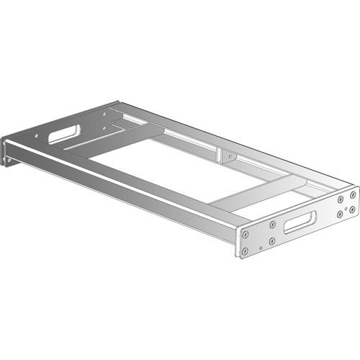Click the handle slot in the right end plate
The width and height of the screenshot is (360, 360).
(x=300, y=222)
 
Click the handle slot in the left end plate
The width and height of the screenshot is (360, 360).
(x=64, y=134)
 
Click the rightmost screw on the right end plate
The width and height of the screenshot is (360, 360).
(x=353, y=195)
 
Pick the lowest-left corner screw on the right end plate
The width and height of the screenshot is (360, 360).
(x=245, y=251)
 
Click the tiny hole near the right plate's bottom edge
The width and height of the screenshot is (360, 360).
(x=261, y=248)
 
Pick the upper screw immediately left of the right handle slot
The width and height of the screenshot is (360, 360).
(x=272, y=225)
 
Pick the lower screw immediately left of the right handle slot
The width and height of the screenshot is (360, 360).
(x=271, y=241)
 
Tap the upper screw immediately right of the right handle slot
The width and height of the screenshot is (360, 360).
(x=341, y=199)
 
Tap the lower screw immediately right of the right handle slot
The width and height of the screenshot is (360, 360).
(x=340, y=214)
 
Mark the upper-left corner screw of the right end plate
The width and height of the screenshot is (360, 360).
(x=246, y=234)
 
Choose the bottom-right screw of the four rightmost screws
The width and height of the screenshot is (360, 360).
(x=351, y=210)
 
